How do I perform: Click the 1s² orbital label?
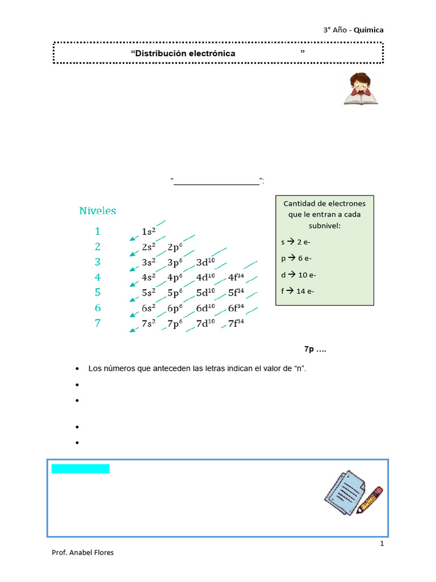tap(148, 232)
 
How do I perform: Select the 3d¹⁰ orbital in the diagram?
tap(206, 263)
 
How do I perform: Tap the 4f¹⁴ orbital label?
tap(236, 278)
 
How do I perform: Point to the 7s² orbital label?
tap(148, 324)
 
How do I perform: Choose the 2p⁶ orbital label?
tap(174, 247)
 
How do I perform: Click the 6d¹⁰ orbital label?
tap(206, 309)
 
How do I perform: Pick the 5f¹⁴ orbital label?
tap(236, 293)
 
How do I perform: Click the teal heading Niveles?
tap(98, 211)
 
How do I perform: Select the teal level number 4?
tap(98, 277)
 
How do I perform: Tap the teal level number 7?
tap(98, 323)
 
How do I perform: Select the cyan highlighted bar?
tap(80, 469)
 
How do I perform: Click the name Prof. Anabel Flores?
tap(82, 552)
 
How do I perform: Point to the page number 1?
tap(382, 544)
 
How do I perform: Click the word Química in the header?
tap(368, 30)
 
